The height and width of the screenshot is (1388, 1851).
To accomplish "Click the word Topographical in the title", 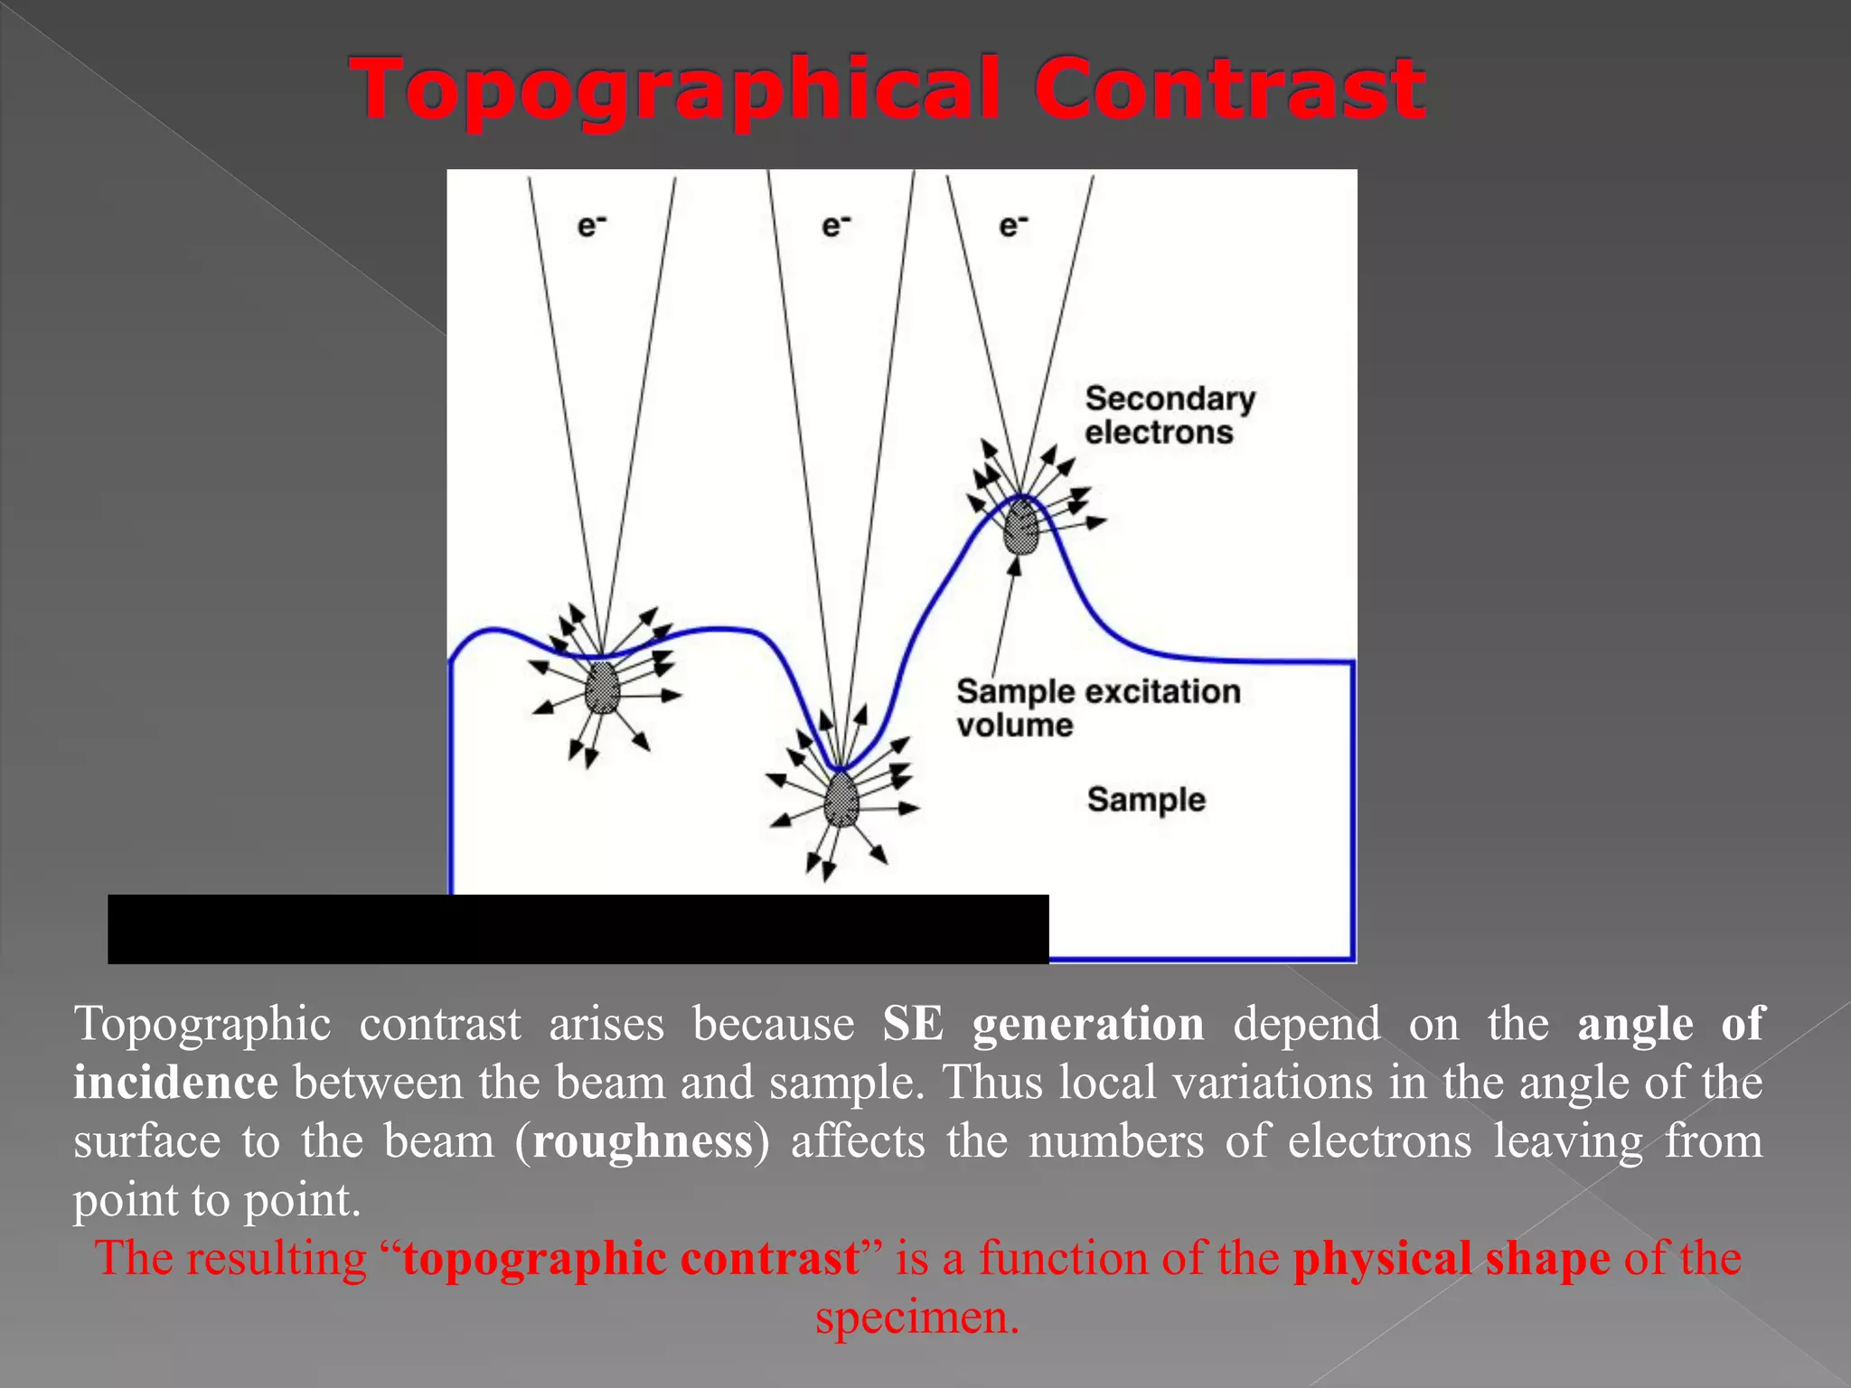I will click(x=676, y=90).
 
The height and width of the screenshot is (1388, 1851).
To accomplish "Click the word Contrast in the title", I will click(x=1229, y=89).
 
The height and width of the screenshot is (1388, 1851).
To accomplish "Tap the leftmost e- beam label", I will click(x=591, y=225).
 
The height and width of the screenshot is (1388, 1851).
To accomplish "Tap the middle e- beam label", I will click(x=836, y=225).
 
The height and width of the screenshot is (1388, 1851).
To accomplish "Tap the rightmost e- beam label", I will click(x=1013, y=225).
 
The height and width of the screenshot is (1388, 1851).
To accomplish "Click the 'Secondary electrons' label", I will click(x=1169, y=415).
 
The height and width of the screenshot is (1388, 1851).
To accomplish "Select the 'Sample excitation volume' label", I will click(x=1097, y=708).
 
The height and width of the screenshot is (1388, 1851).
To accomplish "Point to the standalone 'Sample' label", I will click(x=1146, y=800).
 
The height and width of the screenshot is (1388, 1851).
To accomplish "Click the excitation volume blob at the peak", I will click(x=1022, y=528).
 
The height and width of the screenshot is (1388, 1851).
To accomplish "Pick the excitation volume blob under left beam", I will click(x=602, y=689).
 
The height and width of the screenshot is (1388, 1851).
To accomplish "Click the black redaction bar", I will click(x=578, y=929).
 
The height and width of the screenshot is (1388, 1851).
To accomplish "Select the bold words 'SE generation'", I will click(x=1043, y=1024).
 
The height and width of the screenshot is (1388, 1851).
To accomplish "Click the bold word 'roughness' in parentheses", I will click(x=643, y=1141).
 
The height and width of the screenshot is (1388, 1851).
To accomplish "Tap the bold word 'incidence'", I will click(x=175, y=1083).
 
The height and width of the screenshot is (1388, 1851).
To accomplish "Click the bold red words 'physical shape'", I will click(x=1452, y=1259).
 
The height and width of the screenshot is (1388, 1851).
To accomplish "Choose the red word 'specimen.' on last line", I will click(x=917, y=1318).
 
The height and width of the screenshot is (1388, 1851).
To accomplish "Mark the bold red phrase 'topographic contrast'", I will click(x=631, y=1259).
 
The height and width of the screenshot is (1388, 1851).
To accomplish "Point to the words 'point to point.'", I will click(x=217, y=1200).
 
